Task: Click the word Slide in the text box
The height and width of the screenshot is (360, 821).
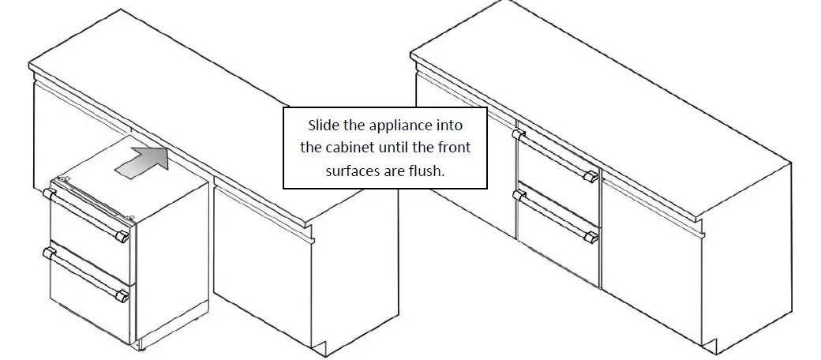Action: (x=323, y=126)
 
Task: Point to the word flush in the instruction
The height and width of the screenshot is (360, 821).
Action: (x=429, y=171)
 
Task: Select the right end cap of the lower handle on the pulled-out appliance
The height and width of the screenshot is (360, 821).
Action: (x=123, y=296)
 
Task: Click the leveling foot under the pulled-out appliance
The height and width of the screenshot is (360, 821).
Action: (x=141, y=346)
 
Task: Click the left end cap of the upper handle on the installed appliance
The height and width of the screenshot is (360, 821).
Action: (x=519, y=134)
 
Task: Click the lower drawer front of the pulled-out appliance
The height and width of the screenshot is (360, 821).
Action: (x=88, y=296)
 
